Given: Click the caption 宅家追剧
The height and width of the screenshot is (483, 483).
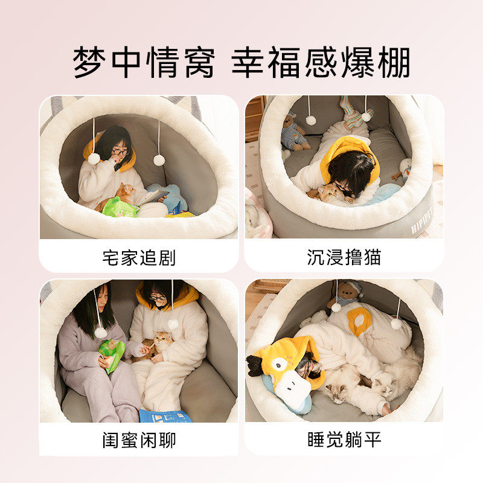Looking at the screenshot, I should pyautogui.click(x=139, y=258).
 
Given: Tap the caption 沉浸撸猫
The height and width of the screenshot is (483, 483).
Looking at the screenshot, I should pyautogui.click(x=344, y=258).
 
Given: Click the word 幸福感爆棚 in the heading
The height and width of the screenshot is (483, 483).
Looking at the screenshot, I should pyautogui.click(x=321, y=63).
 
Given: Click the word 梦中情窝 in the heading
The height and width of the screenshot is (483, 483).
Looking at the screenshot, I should pyautogui.click(x=144, y=63).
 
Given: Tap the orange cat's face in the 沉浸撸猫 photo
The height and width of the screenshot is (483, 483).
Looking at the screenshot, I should pyautogui.click(x=329, y=193).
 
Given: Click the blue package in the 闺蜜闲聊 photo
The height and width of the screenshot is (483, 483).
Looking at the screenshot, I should pyautogui.click(x=164, y=415).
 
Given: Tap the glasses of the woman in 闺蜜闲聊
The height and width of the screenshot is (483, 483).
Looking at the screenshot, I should pyautogui.click(x=158, y=298).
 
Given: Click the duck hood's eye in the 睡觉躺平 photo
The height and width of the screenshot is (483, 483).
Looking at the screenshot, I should pyautogui.click(x=279, y=365).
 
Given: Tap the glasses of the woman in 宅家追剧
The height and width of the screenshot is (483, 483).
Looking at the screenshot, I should pyautogui.click(x=119, y=152).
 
